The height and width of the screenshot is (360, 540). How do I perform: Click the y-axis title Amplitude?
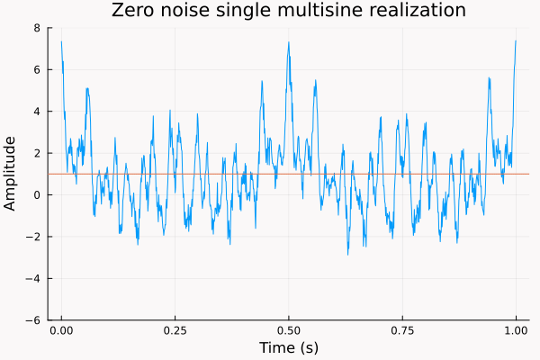[11, 173]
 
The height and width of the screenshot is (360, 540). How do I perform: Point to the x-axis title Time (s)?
[288, 347]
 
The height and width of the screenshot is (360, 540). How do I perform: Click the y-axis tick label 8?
[37, 28]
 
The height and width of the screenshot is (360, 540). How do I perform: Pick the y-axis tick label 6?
[37, 70]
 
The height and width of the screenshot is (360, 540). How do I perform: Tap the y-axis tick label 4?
[37, 112]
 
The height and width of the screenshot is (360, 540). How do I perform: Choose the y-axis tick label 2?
[37, 153]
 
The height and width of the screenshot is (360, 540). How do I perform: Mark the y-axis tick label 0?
[37, 195]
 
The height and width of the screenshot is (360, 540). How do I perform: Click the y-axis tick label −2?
[34, 237]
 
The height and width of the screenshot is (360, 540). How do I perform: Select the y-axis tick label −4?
[34, 278]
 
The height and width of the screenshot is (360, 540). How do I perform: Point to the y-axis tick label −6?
[34, 319]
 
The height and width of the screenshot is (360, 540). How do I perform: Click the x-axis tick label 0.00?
[61, 330]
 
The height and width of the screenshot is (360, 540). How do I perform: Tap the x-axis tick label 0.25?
[175, 330]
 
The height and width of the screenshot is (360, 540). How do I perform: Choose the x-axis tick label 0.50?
[288, 330]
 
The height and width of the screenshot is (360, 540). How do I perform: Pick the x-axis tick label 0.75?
[402, 330]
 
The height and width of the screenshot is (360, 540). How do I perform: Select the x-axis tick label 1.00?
[516, 330]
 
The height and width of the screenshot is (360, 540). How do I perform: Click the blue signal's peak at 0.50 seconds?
[288, 43]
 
